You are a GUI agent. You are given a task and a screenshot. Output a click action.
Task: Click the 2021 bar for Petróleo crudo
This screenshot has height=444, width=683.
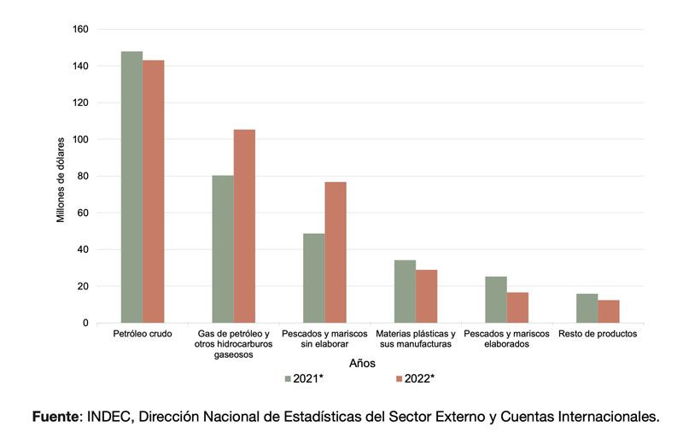131,187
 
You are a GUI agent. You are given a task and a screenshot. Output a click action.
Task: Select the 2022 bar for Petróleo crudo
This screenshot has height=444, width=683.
154,191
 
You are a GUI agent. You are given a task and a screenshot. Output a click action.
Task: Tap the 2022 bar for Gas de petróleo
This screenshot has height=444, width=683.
244,226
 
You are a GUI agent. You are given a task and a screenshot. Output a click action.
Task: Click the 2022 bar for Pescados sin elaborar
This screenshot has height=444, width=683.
336,252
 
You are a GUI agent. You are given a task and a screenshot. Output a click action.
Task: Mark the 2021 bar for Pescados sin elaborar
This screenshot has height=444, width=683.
313,278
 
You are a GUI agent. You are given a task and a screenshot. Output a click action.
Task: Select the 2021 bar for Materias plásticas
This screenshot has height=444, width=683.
405,291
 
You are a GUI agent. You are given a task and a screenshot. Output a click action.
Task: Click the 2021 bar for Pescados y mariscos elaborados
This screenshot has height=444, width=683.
496,300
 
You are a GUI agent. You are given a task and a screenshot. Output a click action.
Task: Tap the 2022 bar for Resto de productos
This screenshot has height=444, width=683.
609,312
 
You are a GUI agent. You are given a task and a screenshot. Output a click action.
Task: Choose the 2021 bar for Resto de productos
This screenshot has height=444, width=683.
587,308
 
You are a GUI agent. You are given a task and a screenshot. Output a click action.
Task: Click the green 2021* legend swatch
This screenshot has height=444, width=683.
288,377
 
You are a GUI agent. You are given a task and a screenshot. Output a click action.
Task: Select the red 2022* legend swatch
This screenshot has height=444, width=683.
399,377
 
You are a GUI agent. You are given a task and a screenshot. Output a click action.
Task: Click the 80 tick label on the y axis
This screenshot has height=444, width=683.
83,176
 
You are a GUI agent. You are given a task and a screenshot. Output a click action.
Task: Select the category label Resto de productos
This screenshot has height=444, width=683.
598,334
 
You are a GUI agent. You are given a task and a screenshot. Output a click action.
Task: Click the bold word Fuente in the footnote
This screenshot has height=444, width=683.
55,417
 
